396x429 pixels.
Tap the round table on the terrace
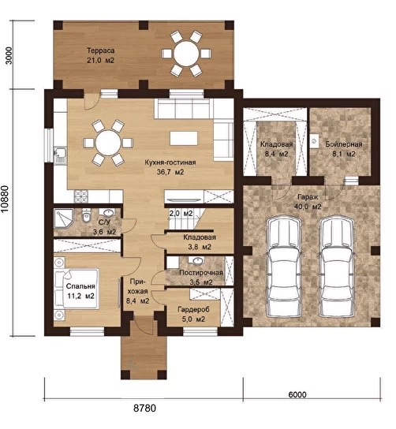point(186,54)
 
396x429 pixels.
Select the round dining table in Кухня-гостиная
point(108,143)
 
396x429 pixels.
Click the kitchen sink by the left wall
point(60,155)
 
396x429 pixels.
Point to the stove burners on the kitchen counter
point(81,196)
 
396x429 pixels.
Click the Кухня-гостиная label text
point(170,162)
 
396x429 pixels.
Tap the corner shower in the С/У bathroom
point(63,218)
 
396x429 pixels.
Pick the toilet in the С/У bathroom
point(86,216)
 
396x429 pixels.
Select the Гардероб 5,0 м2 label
point(193,315)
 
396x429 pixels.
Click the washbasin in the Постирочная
point(197,260)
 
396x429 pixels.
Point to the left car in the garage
point(283,267)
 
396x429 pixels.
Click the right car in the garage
point(337,267)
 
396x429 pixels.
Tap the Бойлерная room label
point(344,144)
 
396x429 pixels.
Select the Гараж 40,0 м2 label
point(308,202)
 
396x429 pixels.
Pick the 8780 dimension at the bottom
point(145,408)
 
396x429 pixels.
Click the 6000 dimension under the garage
point(297,394)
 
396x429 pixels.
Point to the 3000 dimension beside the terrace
point(9,55)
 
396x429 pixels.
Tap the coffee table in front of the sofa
point(184,139)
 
